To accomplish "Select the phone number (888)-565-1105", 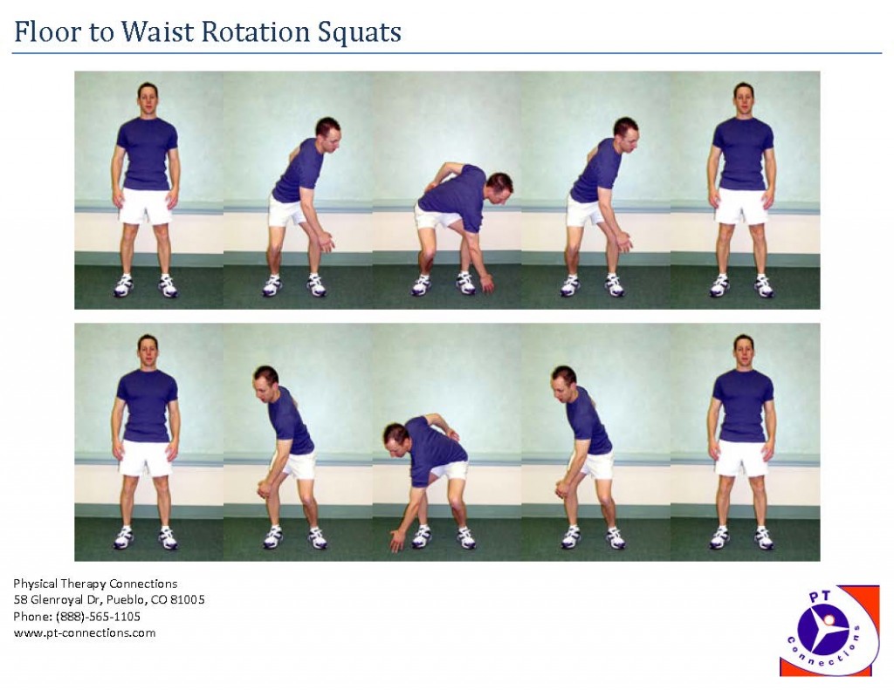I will point(103,616).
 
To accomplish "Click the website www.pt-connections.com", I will point(85,632).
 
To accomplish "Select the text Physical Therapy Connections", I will point(95,583).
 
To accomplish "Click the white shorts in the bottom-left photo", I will point(146,457).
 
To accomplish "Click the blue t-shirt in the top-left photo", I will point(147,153).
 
